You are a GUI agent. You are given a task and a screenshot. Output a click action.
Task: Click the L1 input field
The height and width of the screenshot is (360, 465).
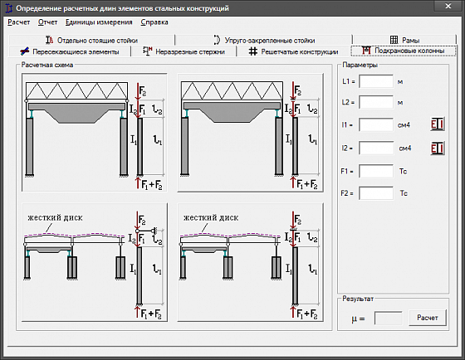pyautogui.click(x=376, y=81)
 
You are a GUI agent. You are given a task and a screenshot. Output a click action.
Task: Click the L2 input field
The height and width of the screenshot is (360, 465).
pyautogui.click(x=376, y=102)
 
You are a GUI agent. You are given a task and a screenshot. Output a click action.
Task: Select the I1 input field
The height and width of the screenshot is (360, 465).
pyautogui.click(x=376, y=124)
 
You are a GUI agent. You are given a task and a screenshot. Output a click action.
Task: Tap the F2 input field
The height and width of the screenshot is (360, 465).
pyautogui.click(x=376, y=193)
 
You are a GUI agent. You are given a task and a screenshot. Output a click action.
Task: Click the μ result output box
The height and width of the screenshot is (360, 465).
pyautogui.click(x=389, y=319)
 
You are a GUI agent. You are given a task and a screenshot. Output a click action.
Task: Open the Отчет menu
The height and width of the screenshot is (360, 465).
pyautogui.click(x=47, y=22)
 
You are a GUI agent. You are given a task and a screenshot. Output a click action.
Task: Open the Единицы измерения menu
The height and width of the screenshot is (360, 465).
pyautogui.click(x=99, y=22)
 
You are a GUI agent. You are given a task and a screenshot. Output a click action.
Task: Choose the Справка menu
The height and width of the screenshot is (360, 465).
pyautogui.click(x=154, y=22)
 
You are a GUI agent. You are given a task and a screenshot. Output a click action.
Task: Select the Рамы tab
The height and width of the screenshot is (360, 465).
pyautogui.click(x=404, y=40)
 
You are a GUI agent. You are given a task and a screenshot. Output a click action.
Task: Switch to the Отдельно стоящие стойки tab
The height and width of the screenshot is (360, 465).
pyautogui.click(x=91, y=40)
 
